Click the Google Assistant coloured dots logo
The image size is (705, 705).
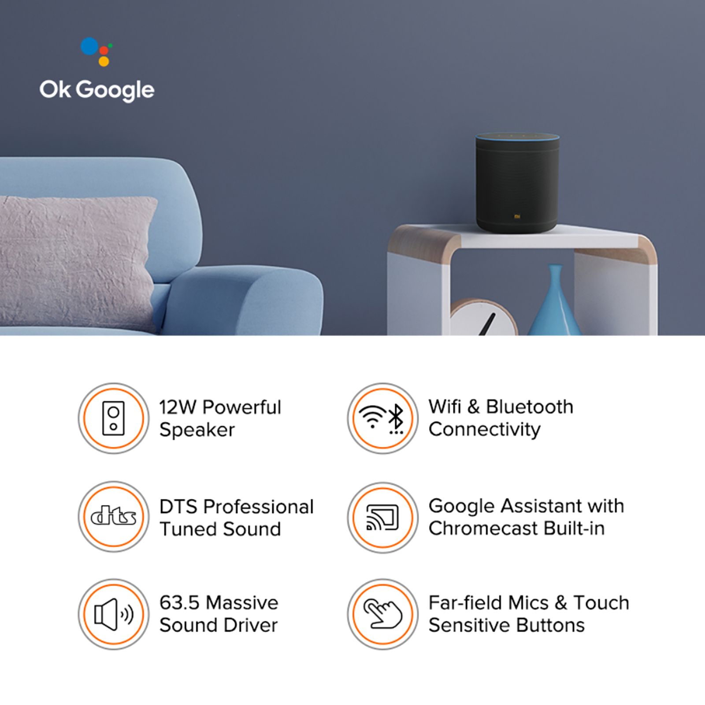(x=96, y=52)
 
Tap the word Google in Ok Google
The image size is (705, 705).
(x=115, y=91)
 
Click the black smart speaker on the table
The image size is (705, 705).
(x=517, y=185)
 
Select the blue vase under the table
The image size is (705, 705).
(x=554, y=304)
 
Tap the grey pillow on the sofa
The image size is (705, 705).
(x=77, y=260)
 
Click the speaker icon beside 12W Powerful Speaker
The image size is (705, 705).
(x=113, y=418)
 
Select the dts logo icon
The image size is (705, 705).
(x=113, y=516)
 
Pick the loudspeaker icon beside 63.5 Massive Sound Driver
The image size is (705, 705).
(x=113, y=614)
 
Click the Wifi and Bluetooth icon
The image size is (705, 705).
(x=382, y=418)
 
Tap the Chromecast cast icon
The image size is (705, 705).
(x=382, y=517)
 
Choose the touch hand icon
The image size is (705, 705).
(x=382, y=614)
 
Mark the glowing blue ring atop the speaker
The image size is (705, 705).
(x=517, y=136)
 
